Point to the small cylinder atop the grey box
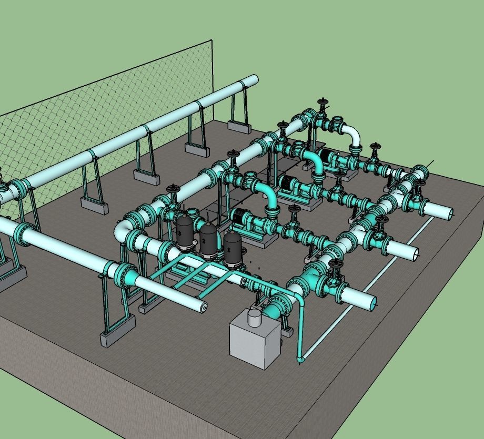coord(255,317)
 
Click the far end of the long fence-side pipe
coord(253,80)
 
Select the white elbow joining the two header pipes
coord(125,231)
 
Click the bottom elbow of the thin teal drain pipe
coord(300,360)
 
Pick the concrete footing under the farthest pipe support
coord(238,126)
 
